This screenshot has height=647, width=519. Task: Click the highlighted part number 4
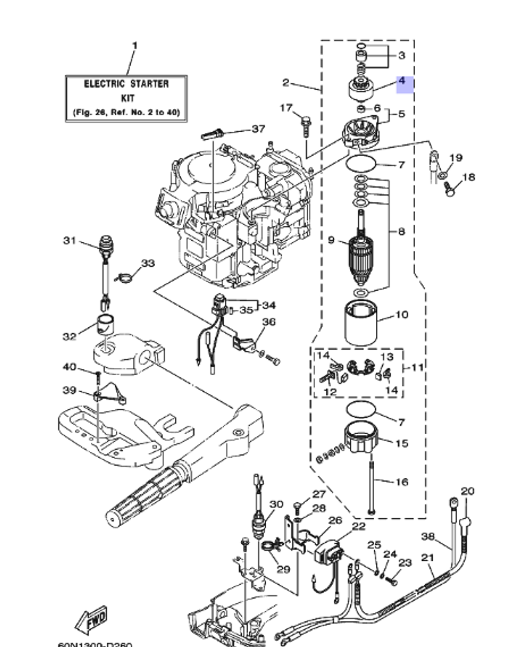(x=404, y=83)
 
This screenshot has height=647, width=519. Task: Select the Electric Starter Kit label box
(x=126, y=98)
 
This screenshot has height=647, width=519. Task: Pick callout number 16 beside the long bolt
(x=402, y=482)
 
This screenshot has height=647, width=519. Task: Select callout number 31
(x=70, y=241)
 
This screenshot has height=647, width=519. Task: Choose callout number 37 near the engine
(x=258, y=129)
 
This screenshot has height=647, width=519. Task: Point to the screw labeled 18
(x=449, y=190)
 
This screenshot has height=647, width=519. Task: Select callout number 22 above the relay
(x=359, y=526)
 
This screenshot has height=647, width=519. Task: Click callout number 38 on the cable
(x=428, y=536)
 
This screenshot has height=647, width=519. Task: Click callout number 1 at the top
(x=134, y=46)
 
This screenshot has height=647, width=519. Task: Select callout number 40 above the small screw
(x=70, y=367)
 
